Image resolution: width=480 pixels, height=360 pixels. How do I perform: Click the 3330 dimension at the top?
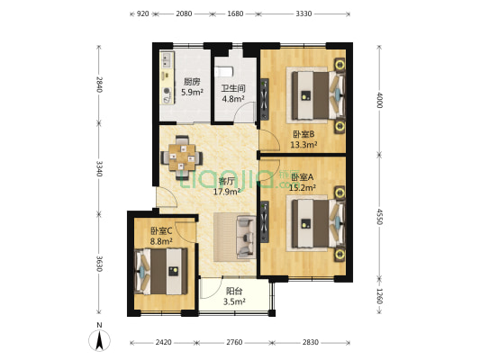(303, 13)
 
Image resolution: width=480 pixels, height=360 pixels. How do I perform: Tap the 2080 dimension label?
(184, 13)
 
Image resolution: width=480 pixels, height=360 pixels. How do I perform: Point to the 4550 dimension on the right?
(379, 217)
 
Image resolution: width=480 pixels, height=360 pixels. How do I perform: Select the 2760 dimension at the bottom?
(234, 342)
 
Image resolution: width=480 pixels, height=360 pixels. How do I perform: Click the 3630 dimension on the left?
(98, 263)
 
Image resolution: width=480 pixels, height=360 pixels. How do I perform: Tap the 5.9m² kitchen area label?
(192, 92)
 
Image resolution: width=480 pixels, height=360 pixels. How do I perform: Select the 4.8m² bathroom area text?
(233, 99)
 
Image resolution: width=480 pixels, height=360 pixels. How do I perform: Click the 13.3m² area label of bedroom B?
(303, 144)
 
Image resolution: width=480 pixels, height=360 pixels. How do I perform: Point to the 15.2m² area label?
(303, 187)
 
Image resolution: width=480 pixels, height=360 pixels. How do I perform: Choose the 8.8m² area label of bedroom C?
(161, 241)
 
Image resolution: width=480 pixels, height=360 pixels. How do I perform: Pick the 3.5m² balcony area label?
(234, 301)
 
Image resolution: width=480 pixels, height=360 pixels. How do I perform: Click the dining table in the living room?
(182, 157)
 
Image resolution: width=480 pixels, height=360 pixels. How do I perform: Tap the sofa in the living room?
(246, 237)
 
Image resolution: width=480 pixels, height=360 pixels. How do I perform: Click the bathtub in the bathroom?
(224, 72)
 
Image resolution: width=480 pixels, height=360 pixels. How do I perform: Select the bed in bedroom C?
(161, 272)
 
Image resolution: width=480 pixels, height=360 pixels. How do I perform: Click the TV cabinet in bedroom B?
(264, 99)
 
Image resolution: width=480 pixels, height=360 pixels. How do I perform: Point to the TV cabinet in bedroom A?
(264, 221)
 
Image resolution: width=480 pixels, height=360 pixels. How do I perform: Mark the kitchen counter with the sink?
(167, 77)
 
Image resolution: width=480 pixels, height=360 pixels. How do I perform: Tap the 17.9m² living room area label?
(227, 192)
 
